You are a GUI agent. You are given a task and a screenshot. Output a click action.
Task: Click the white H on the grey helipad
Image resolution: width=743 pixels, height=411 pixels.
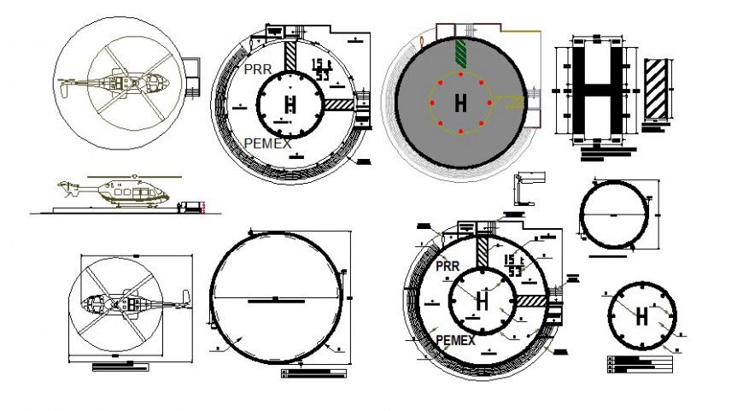coord(461,103)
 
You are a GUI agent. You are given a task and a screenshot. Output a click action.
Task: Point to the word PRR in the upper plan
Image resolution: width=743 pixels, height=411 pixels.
coord(259,68)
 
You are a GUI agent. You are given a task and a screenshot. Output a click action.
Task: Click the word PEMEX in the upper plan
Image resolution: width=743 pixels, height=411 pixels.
coord(268,143)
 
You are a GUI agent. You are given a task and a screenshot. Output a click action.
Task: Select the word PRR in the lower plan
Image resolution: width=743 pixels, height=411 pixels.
coord(448,267)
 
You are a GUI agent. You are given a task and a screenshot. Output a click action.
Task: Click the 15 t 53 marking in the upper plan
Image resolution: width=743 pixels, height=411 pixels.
coord(322,69)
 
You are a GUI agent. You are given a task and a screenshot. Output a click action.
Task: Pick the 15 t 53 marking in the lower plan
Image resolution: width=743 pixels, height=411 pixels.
coord(513,265)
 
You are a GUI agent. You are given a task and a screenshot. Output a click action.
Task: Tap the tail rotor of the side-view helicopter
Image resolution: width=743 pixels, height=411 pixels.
coord(63,185)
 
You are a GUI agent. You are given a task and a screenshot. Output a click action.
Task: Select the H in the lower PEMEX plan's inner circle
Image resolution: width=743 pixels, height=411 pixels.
coord(483,301)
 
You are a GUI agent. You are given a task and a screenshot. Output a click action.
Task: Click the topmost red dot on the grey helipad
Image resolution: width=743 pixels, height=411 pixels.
coord(461,74)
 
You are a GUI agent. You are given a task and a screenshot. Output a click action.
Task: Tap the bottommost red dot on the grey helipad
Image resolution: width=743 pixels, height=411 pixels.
coord(461,133)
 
